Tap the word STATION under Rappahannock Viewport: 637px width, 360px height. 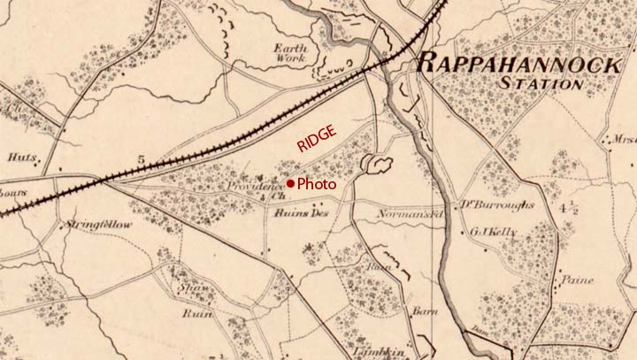tap(541, 84)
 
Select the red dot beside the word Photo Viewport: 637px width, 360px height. tap(290, 184)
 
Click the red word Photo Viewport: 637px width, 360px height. tap(317, 185)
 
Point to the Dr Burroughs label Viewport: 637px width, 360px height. tap(498, 207)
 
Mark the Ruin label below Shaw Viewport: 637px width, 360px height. tap(194, 313)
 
